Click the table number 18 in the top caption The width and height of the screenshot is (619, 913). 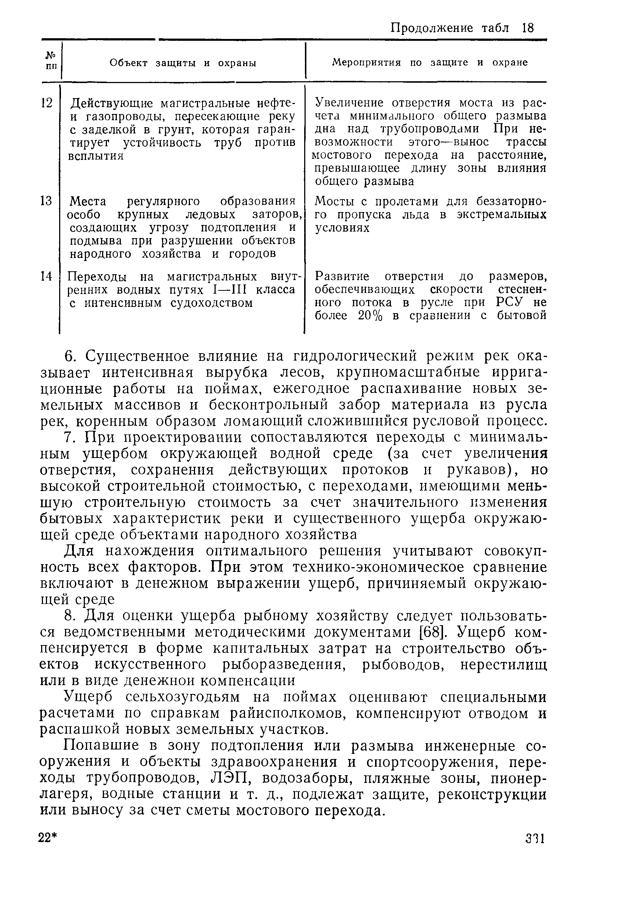click(x=528, y=28)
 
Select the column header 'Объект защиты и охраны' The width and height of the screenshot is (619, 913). click(x=183, y=63)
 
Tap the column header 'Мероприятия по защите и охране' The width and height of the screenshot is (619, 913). click(x=430, y=62)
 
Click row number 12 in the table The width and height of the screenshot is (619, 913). click(x=47, y=103)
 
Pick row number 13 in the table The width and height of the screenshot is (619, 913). click(x=46, y=201)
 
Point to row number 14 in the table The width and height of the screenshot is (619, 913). click(x=46, y=276)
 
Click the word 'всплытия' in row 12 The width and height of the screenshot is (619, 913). click(x=96, y=156)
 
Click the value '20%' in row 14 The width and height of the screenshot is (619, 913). click(x=370, y=316)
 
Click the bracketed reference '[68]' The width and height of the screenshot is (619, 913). click(x=433, y=632)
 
